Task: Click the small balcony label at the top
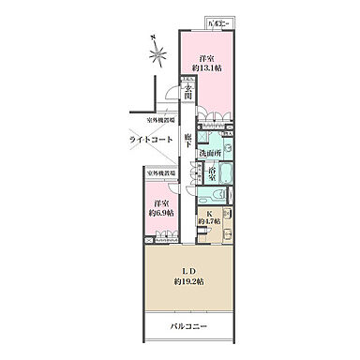tap(219, 22)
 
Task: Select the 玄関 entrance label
tap(188, 94)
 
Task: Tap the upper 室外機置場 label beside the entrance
tap(163, 121)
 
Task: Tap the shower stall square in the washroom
tap(208, 133)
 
